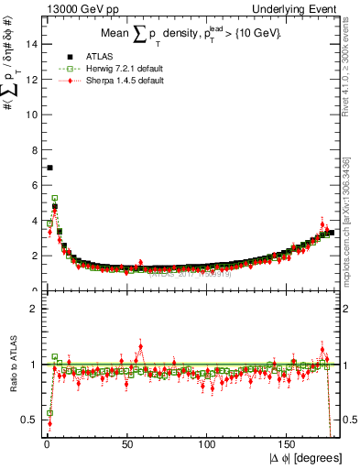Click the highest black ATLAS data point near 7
[x=49, y=168]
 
